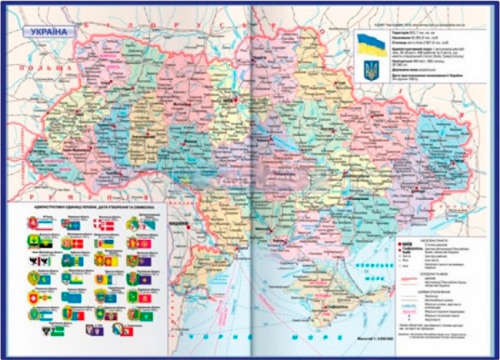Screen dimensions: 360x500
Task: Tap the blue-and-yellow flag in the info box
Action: [369, 44]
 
